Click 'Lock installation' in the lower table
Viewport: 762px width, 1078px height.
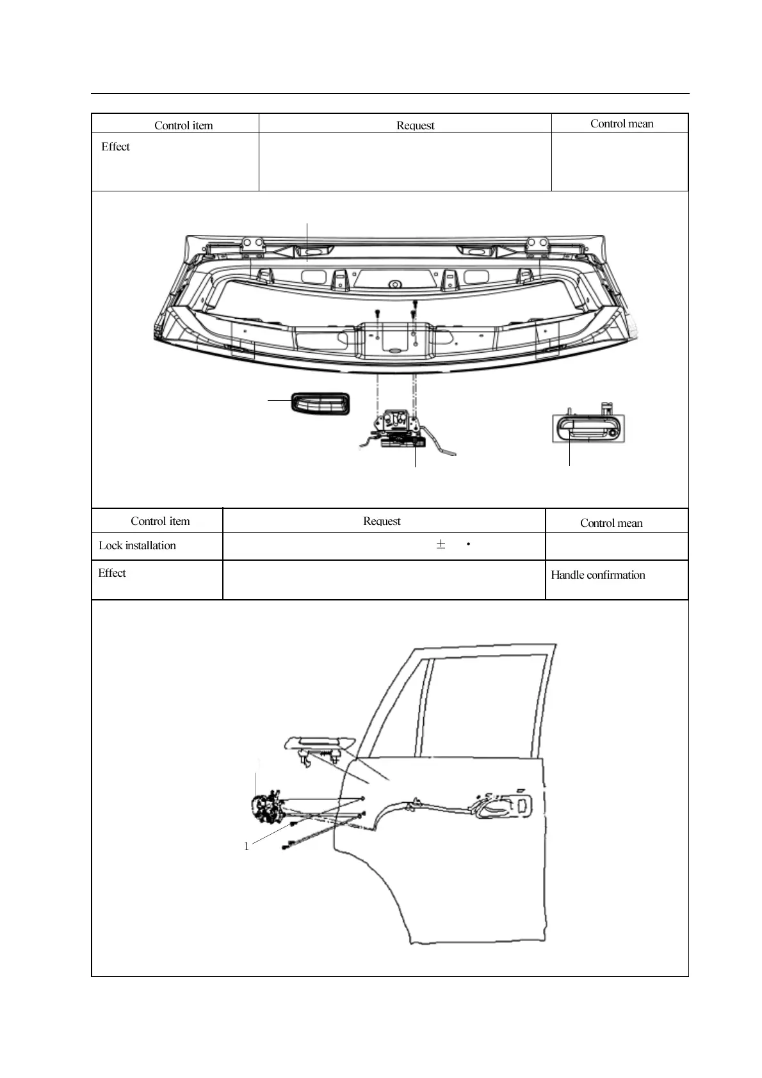pos(137,545)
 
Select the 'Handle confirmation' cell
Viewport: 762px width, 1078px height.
pos(597,575)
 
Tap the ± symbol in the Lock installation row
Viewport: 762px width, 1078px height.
pos(441,545)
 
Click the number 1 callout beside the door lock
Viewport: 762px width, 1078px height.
pos(247,846)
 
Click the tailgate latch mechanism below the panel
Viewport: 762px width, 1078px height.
pos(399,428)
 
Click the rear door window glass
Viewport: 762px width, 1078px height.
pos(487,704)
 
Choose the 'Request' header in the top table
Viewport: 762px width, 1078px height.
pos(415,125)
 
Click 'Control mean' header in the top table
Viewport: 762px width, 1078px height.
pos(622,124)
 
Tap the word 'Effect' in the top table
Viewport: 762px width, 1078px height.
pos(115,147)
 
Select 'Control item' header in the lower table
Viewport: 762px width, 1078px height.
pos(160,521)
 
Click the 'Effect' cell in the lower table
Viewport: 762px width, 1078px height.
pos(112,573)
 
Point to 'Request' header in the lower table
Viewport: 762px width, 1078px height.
pos(382,521)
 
